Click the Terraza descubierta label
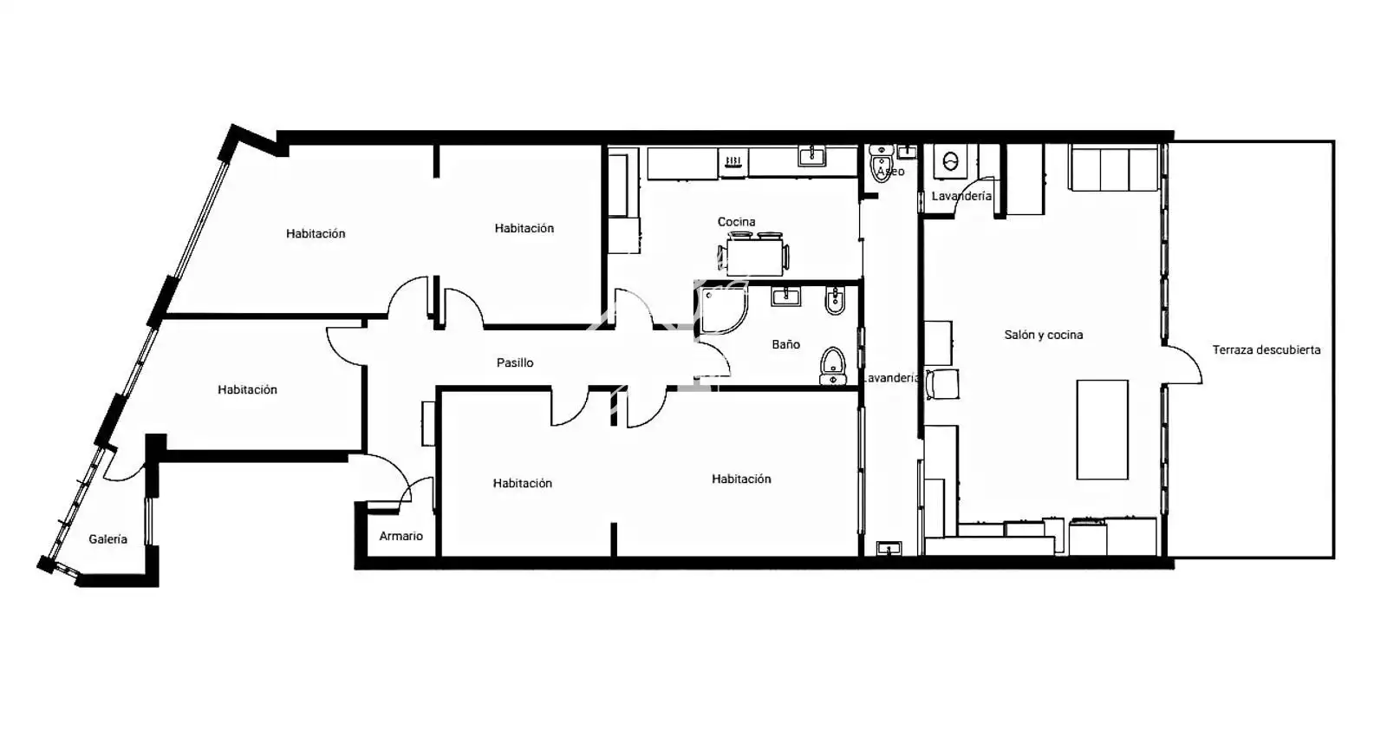click(x=1266, y=350)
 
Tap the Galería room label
click(x=107, y=538)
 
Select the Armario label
click(x=400, y=536)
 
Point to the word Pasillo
click(x=515, y=362)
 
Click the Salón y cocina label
click(x=1044, y=335)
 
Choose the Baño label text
click(x=785, y=344)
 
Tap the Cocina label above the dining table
click(x=736, y=222)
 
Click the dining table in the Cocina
click(x=754, y=257)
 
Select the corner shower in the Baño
click(x=723, y=308)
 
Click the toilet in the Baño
click(x=833, y=366)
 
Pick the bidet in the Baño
click(x=835, y=300)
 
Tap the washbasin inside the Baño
click(x=785, y=296)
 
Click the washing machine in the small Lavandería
click(x=950, y=162)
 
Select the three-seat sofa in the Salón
click(x=1114, y=168)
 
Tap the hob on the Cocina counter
click(x=733, y=162)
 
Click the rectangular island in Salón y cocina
click(x=1102, y=430)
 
